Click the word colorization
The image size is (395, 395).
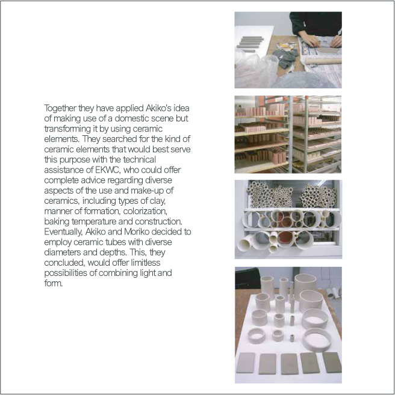(x=145, y=211)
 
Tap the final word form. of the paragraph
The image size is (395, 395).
(x=53, y=283)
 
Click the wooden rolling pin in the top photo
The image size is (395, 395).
(x=323, y=61)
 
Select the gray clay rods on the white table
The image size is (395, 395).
(x=250, y=43)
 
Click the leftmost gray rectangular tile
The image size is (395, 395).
(x=246, y=363)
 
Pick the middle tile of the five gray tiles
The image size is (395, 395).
(x=290, y=364)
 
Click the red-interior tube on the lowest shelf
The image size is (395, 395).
(x=285, y=239)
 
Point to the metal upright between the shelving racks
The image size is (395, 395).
(x=290, y=134)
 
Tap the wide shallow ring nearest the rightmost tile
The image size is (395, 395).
(x=317, y=339)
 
